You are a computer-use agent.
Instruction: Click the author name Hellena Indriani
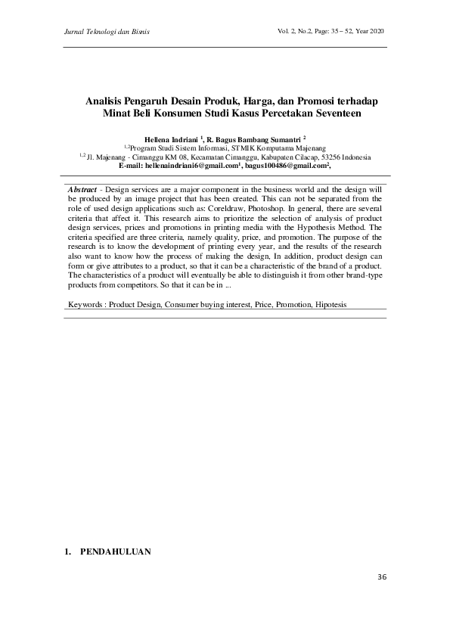[x=172, y=140]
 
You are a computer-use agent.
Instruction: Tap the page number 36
[x=381, y=578]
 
